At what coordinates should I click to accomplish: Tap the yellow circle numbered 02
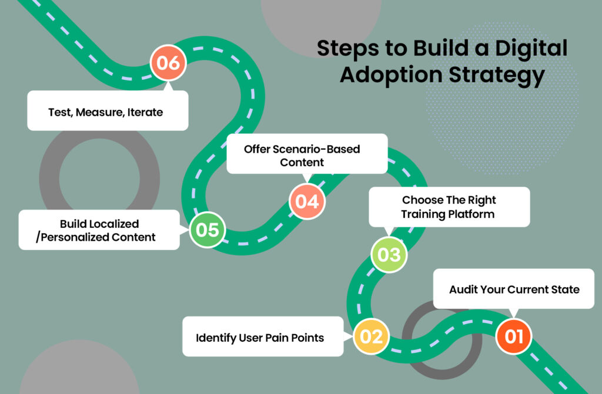tap(371, 337)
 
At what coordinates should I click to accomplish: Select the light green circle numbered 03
tap(389, 255)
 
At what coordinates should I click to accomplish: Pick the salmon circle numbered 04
tap(307, 201)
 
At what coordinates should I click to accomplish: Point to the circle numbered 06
tap(168, 63)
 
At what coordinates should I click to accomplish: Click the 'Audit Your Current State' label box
tap(514, 289)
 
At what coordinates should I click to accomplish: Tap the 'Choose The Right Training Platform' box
tap(449, 207)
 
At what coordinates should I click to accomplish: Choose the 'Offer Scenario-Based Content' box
tap(306, 155)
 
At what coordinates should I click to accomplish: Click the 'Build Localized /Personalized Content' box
tap(99, 230)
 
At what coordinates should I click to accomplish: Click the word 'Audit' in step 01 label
tap(462, 289)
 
